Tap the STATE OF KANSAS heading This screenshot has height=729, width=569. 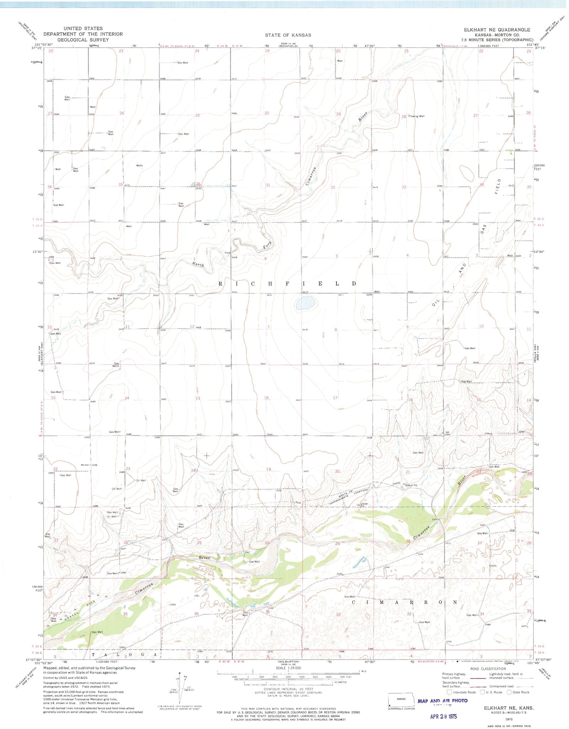point(288,35)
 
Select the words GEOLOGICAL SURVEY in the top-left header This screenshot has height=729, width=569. point(83,40)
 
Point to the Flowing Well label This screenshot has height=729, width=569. point(416,116)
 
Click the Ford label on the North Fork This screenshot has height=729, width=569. point(227,253)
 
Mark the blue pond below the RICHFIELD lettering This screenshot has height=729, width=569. point(305,303)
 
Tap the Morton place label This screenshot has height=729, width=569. point(85,465)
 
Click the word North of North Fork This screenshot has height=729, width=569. point(197,264)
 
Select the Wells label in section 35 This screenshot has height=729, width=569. point(139,165)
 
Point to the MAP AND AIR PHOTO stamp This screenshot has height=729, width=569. point(442,701)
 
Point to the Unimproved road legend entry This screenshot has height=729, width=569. point(501,686)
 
